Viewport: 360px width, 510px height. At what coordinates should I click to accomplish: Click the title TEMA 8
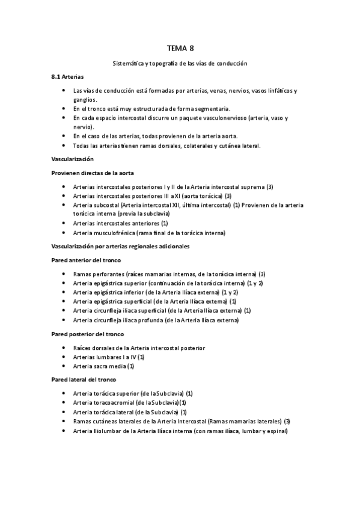[180, 48]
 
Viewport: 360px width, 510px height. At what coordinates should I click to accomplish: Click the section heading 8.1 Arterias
[67, 78]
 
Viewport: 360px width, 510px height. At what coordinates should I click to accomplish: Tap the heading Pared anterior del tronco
[87, 260]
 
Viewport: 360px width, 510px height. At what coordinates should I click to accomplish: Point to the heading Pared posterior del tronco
[88, 334]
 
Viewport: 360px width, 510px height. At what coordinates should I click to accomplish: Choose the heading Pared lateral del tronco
[84, 379]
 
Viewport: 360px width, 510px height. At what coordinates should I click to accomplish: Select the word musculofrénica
[114, 233]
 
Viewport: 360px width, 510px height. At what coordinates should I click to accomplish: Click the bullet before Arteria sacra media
[64, 366]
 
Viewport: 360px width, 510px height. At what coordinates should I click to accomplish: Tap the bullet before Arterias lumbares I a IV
[64, 357]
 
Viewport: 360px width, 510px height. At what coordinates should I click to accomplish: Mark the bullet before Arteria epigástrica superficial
[64, 301]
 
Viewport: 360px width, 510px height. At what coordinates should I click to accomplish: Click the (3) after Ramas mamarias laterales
[287, 421]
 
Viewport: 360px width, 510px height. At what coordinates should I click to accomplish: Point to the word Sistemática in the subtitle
[129, 63]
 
